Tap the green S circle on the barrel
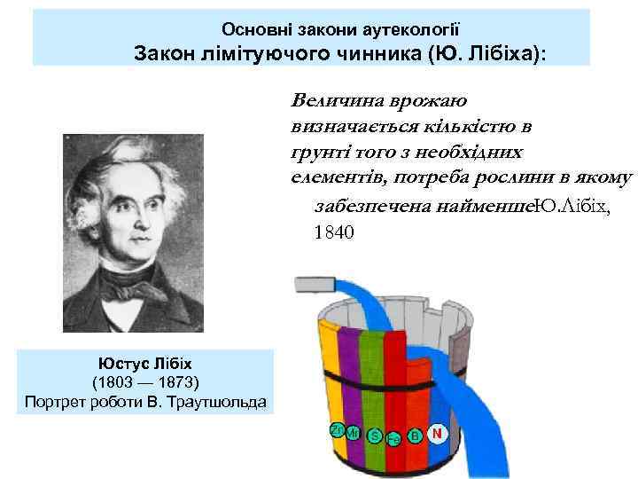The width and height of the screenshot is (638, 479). [375, 436]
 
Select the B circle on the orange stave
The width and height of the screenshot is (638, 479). [415, 436]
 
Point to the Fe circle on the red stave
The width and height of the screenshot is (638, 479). [394, 438]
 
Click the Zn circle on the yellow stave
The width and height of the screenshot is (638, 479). [336, 429]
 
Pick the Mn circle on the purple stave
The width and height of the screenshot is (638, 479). [354, 433]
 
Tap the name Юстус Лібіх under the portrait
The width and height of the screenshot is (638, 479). [146, 364]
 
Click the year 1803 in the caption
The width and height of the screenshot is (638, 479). [114, 382]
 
